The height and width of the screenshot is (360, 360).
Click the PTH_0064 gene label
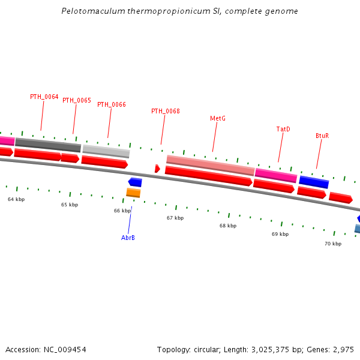tap(44, 97)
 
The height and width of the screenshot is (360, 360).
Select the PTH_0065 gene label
tap(77, 101)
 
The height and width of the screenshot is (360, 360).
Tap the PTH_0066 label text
tap(112, 104)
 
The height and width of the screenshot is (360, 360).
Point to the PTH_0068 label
tap(166, 111)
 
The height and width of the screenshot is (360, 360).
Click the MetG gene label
tap(218, 119)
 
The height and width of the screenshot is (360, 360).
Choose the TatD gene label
tap(283, 129)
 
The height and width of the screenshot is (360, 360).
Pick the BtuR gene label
tap(322, 136)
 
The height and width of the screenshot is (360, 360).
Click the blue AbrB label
tap(128, 238)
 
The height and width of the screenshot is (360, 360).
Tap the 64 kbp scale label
tap(16, 199)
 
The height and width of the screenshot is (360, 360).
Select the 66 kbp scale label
tap(122, 211)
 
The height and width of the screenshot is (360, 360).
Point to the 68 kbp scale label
tap(228, 226)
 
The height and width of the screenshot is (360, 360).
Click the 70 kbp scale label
tap(333, 244)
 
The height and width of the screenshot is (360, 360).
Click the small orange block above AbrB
tap(133, 193)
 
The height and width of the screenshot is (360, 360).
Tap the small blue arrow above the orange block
tap(135, 182)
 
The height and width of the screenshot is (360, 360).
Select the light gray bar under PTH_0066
tap(106, 151)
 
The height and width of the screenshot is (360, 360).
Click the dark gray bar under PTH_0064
tap(48, 145)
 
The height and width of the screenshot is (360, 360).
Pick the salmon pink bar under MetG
tap(210, 165)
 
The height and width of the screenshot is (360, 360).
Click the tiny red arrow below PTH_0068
tap(157, 169)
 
